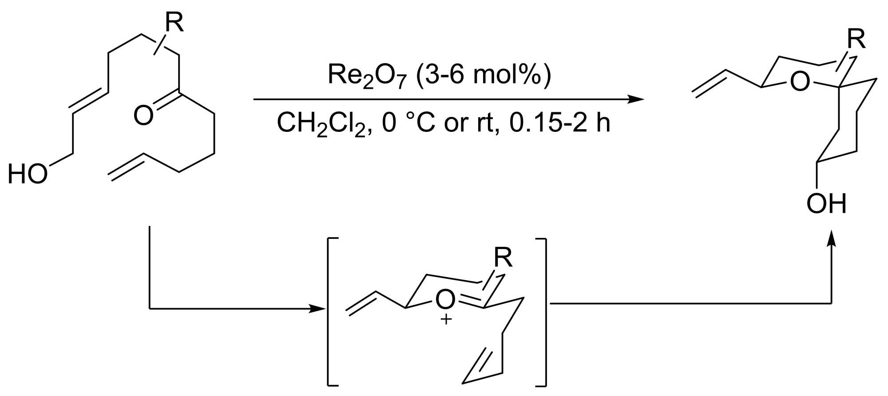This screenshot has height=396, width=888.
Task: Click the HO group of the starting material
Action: coord(28,174)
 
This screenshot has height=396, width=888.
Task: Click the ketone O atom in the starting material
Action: coord(143,115)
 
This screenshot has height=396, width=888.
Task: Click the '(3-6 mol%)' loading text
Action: coord(484,75)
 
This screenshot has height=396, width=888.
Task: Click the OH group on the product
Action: coord(826,204)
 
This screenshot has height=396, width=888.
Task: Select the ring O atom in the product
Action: coord(800,82)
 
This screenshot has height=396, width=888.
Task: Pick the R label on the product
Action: coord(856,40)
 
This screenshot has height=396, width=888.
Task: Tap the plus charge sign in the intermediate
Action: coord(446,319)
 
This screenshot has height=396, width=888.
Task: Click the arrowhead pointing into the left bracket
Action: coord(318,308)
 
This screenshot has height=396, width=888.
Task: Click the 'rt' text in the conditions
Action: coord(485,123)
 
